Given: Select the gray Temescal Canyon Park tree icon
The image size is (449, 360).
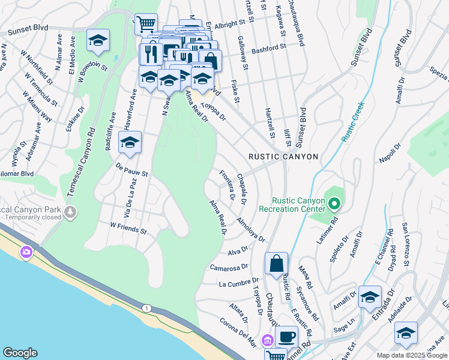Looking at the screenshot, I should [71, 211].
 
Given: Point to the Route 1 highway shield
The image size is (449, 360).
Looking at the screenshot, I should [146, 308].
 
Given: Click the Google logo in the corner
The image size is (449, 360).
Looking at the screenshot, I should [20, 353].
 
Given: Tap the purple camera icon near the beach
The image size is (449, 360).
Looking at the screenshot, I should [26, 253].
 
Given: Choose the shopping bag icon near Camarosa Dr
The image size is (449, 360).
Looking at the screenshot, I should [276, 263].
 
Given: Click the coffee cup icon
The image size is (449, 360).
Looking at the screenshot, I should [286, 336].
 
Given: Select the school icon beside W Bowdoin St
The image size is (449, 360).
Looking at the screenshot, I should [98, 40].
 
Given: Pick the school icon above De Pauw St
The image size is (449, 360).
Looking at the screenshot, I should [130, 142].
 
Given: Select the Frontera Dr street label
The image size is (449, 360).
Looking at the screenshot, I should [227, 185].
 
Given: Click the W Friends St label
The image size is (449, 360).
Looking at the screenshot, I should [128, 229].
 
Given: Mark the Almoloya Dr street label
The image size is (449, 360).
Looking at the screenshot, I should [251, 230].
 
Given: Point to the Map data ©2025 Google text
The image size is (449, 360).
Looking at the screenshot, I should [411, 355].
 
